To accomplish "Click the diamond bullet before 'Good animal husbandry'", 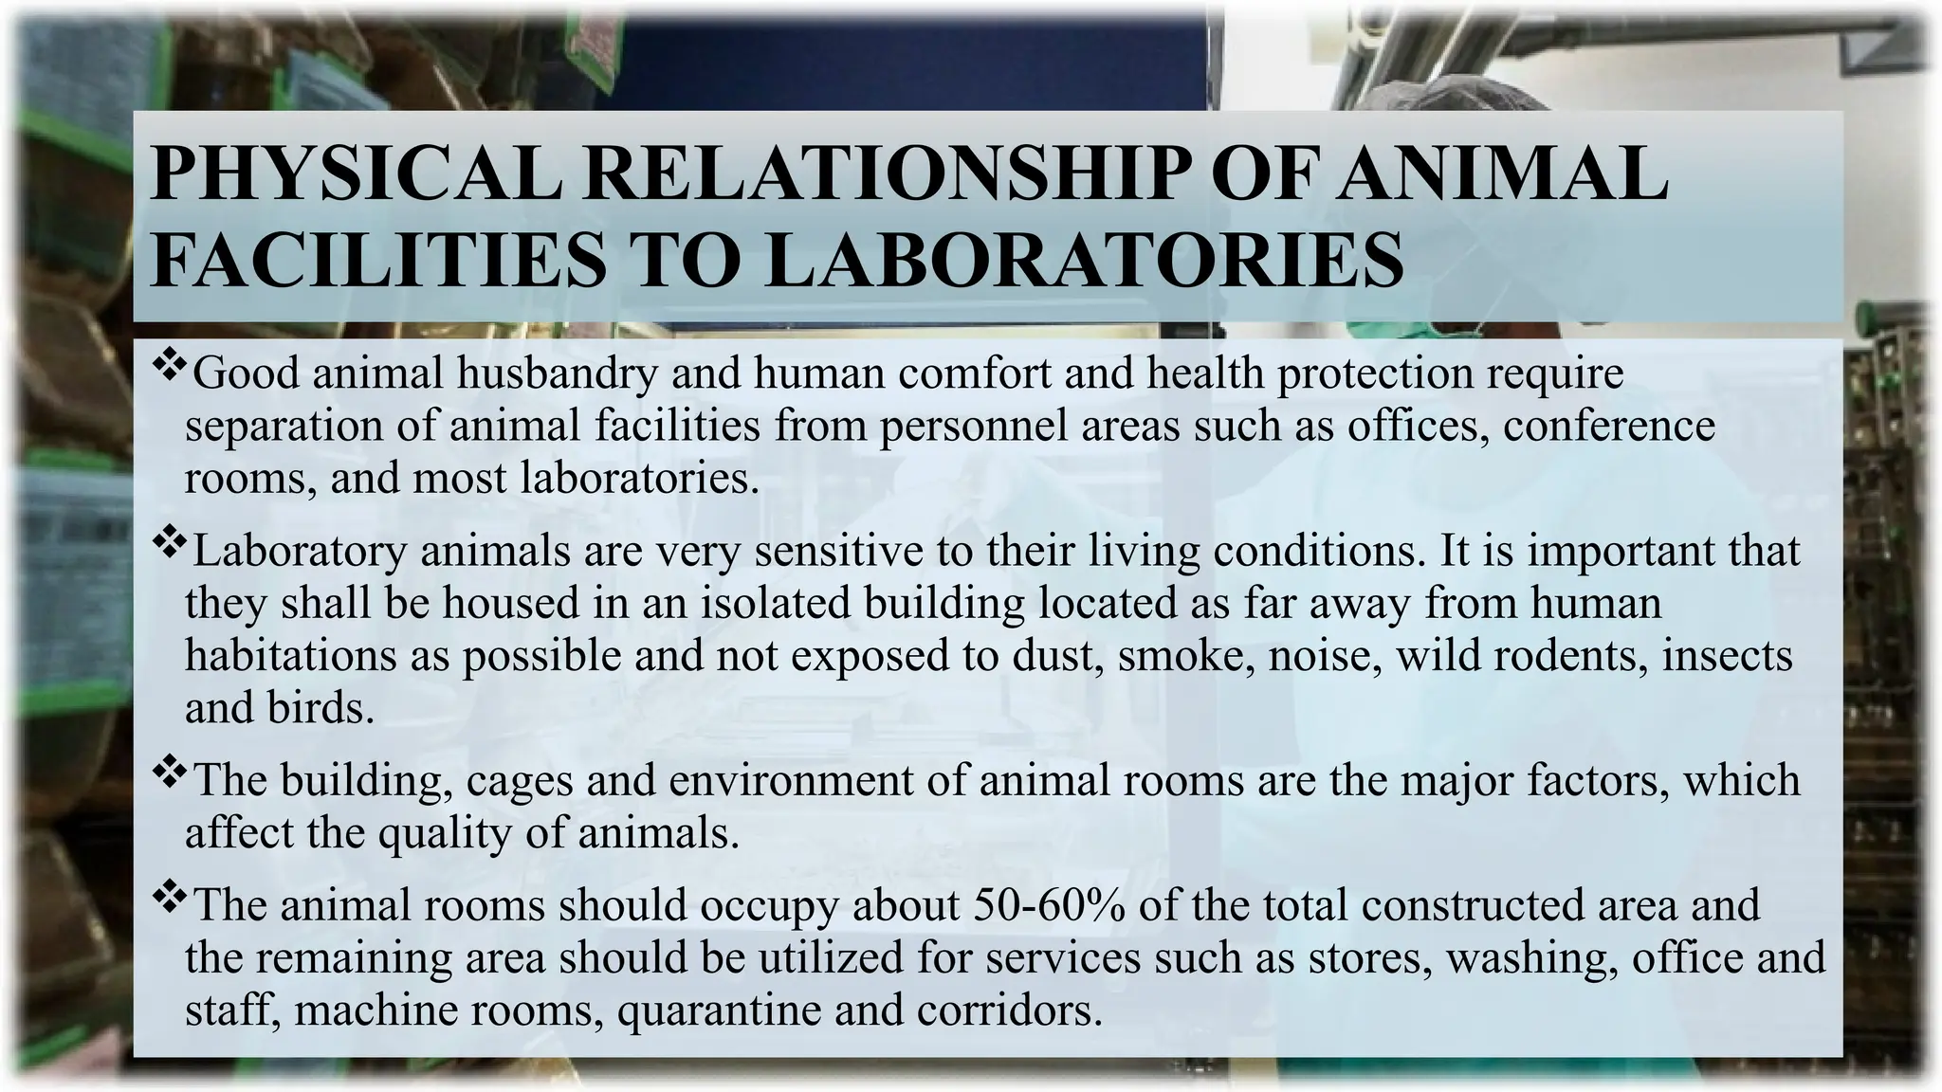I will click(x=168, y=363).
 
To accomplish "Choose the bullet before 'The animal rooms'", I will click(x=168, y=895).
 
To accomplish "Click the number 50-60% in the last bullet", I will click(x=1049, y=904).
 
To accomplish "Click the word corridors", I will click(x=1009, y=1010).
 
